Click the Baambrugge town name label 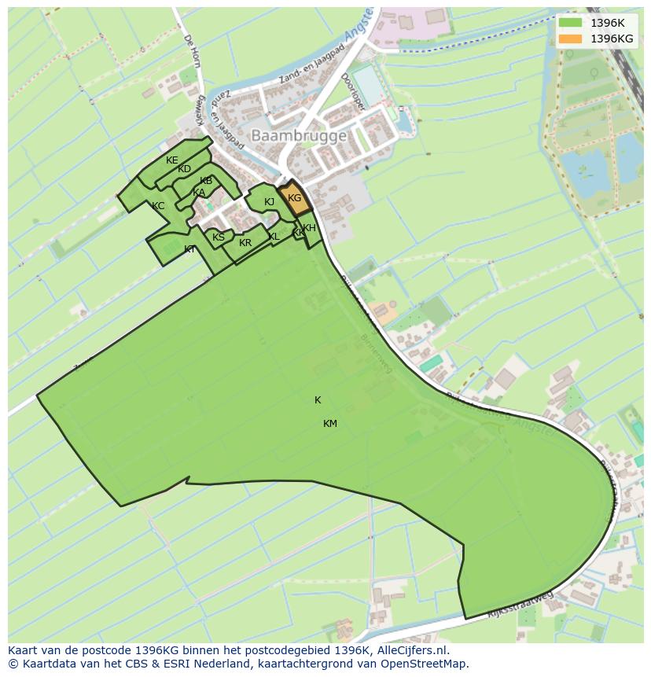coord(298,136)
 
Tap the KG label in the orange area coord(295,198)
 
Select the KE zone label coord(172,160)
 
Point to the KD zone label coord(184,169)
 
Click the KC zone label coord(158,206)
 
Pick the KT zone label coord(190,249)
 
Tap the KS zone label coord(219,237)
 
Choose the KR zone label coord(245,243)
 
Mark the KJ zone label coord(270,202)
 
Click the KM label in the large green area coord(330,424)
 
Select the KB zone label coord(206,181)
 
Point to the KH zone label coord(309,228)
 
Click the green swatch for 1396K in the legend coord(571,23)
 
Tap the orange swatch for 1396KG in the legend coord(571,39)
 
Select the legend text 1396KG coord(612,39)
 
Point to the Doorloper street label coord(350,92)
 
